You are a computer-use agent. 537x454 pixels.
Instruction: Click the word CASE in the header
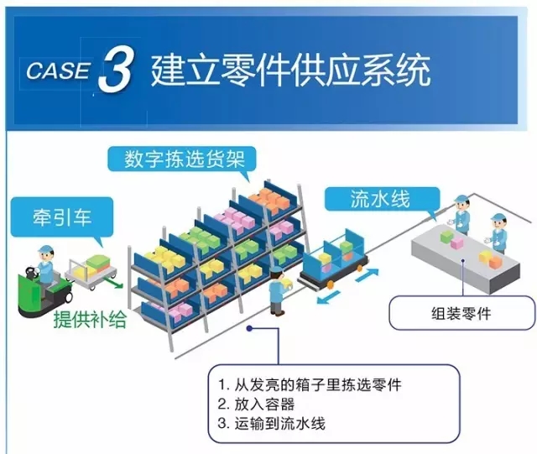point(58,71)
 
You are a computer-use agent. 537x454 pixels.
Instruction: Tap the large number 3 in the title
point(115,70)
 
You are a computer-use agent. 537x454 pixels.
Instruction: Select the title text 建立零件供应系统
point(290,70)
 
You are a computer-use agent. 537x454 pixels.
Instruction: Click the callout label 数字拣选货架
point(185,159)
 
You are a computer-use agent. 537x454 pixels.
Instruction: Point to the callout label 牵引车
point(62,217)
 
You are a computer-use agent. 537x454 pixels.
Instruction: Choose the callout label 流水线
point(380,199)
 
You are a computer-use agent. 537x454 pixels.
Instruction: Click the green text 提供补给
point(90,319)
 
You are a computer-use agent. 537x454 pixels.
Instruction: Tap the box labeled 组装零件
point(461,313)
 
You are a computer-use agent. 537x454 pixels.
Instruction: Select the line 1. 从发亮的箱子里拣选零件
point(310,385)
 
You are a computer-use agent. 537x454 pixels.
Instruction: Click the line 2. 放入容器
point(256,404)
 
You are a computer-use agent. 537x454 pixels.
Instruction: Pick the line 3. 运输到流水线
point(271,424)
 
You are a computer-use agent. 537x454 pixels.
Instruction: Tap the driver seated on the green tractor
point(45,267)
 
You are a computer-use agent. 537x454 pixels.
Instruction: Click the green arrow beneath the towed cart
point(112,282)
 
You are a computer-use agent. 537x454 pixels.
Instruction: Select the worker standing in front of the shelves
point(278,291)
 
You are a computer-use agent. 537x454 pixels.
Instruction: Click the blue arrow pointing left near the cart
point(328,297)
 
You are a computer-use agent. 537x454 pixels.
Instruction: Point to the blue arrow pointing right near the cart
point(368,275)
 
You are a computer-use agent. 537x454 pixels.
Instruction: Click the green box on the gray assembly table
point(446,237)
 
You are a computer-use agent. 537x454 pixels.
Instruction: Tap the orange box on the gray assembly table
point(495,262)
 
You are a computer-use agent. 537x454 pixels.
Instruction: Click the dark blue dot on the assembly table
point(462,260)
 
